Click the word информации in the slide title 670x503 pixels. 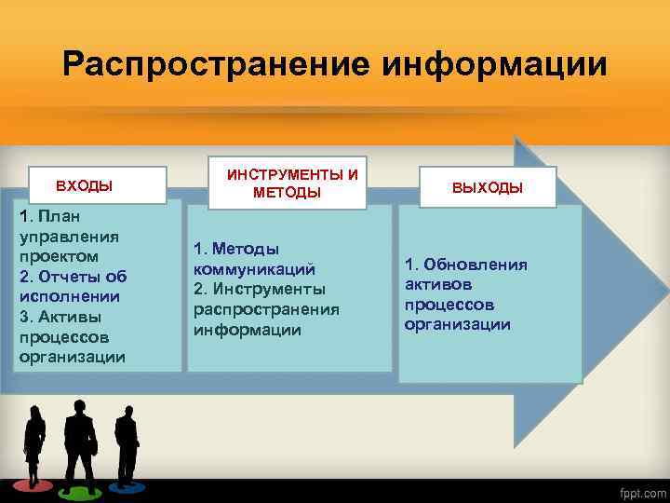492,65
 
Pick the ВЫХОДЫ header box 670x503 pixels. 488,187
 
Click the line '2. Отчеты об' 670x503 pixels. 73,277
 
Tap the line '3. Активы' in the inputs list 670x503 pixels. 59,317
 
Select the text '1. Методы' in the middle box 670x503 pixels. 236,249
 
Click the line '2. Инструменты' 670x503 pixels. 260,289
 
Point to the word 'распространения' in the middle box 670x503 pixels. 267,309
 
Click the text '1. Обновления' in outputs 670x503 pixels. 465,265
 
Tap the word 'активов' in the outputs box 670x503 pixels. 437,284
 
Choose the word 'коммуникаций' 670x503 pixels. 248,268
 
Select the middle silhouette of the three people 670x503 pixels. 79,443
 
